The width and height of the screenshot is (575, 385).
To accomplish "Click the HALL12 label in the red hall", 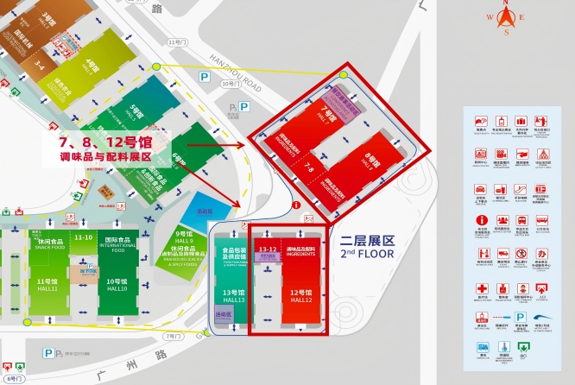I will coord(300,300).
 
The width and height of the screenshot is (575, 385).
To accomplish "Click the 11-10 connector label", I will coord(84,237).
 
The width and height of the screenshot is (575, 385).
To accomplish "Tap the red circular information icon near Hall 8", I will coord(296,205).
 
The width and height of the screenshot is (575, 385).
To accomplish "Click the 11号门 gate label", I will coord(178,41).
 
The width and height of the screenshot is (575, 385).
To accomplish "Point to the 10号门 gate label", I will coord(229,84).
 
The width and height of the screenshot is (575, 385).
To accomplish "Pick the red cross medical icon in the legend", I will coord(480,288).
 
